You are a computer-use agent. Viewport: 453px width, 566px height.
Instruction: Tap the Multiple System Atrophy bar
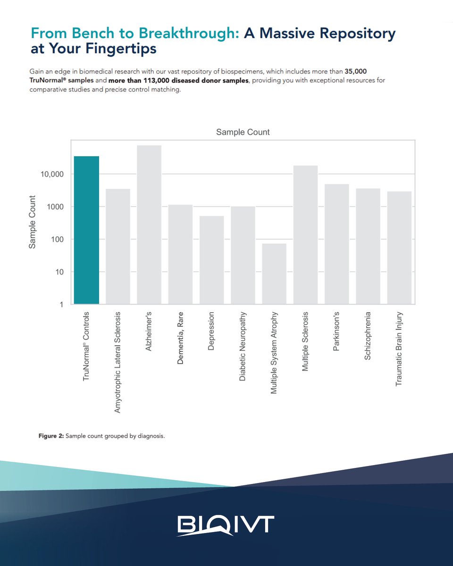(274, 274)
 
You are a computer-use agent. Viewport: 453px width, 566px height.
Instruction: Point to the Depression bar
(211, 260)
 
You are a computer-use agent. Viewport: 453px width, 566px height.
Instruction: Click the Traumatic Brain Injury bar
(399, 248)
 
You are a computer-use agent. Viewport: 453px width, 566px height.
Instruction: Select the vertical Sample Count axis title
(33, 222)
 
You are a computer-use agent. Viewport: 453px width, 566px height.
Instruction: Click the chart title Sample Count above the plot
(243, 132)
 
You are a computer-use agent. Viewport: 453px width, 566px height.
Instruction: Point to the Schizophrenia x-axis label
(368, 335)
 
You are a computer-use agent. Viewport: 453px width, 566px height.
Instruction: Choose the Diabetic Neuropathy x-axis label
(243, 346)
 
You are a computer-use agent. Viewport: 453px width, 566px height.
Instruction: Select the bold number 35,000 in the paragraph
(353, 71)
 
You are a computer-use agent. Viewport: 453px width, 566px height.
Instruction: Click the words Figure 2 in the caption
(50, 436)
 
